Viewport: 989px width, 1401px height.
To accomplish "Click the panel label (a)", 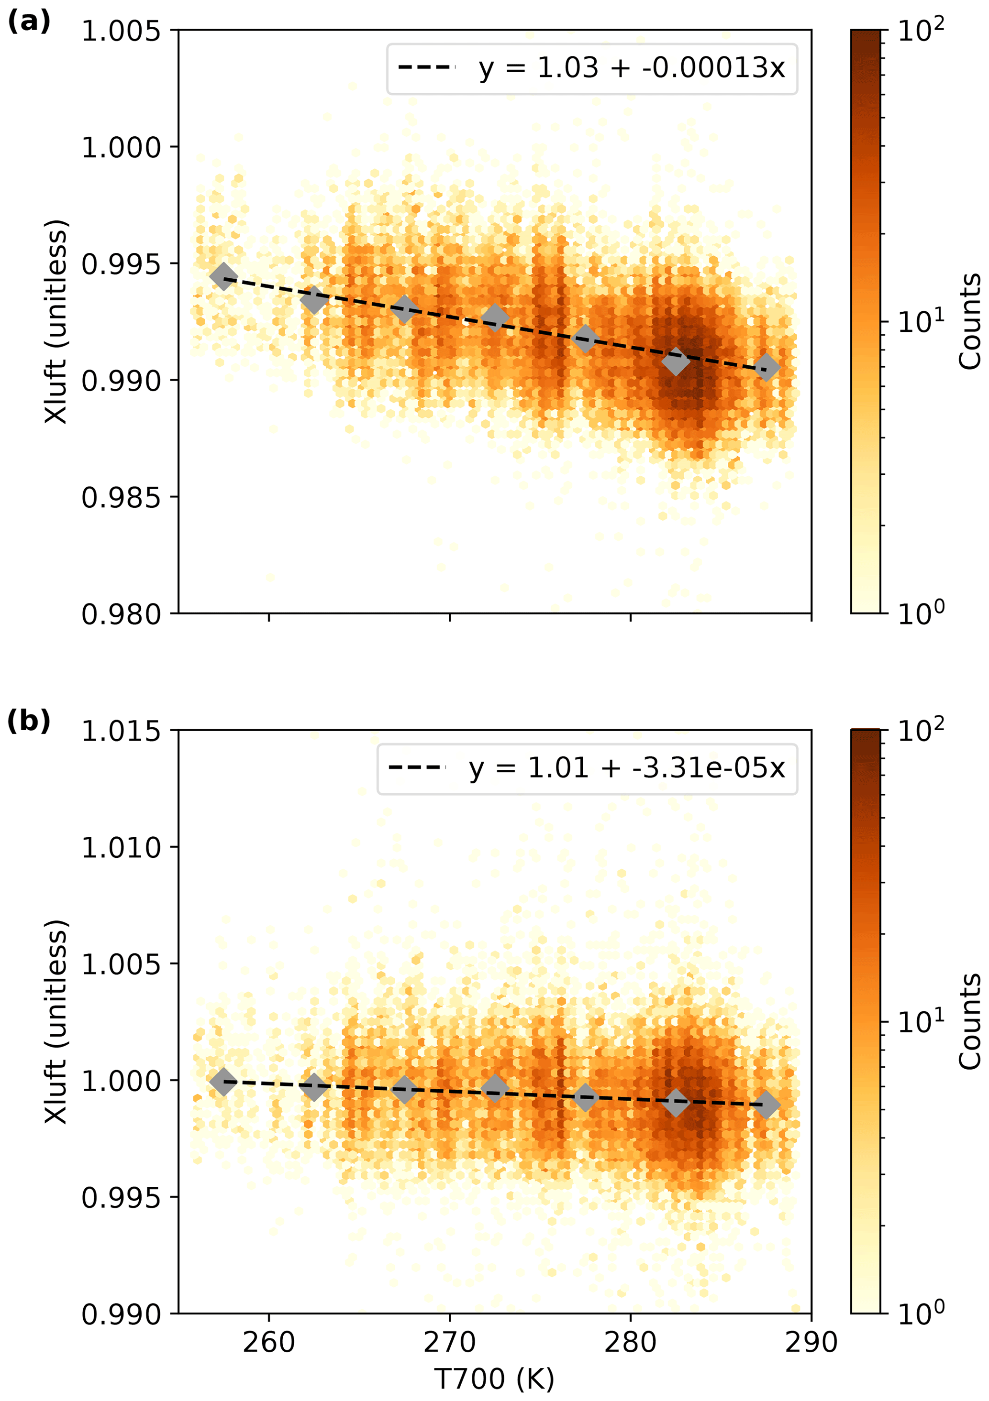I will coord(28,22).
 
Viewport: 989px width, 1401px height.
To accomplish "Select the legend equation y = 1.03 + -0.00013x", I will coord(631,68).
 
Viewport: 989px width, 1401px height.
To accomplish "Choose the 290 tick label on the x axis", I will coord(811,1342).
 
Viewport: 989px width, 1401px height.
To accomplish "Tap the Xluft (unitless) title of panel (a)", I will coord(56,322).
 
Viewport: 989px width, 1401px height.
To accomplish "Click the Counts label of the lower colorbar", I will coord(969,1021).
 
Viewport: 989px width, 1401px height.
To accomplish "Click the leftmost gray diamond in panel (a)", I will coord(223,276).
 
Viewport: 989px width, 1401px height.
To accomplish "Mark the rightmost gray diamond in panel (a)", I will coord(767,367).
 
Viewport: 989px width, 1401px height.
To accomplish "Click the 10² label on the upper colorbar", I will coord(920,29).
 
